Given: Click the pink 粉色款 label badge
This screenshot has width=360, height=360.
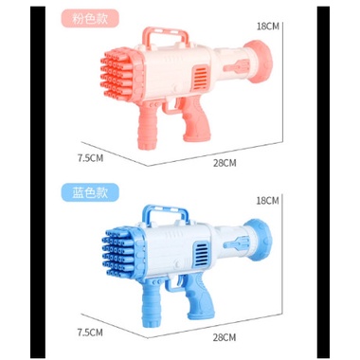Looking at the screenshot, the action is tap(90, 18).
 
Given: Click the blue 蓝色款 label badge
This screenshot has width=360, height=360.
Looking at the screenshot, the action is tap(90, 192).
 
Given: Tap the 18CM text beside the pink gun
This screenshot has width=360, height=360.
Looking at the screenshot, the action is tap(268, 27).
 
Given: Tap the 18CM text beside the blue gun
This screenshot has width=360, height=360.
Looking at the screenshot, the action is tap(268, 201).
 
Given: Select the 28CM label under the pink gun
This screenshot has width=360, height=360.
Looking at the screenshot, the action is tap(225, 163).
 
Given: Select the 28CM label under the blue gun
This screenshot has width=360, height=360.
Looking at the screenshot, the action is tap(225, 337).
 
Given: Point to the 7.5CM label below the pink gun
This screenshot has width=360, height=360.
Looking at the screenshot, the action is tap(90, 157).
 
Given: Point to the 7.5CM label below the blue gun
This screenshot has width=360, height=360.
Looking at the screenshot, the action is tap(90, 333).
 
